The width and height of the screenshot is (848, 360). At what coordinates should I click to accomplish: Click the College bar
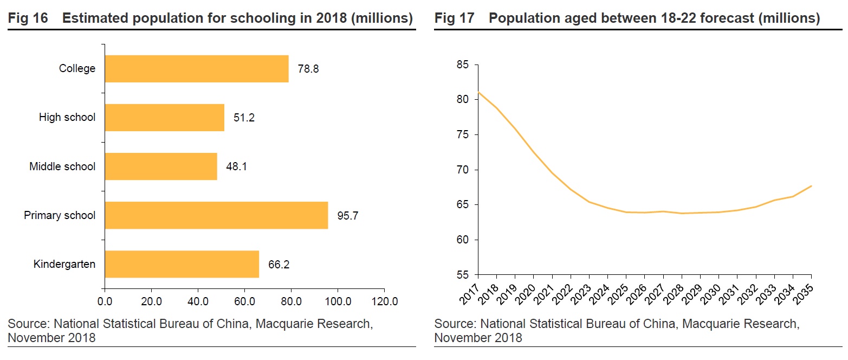pos(196,69)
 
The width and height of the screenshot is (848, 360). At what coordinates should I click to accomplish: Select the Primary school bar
pos(216,215)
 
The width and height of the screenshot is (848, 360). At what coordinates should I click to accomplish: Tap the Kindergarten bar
pos(182,264)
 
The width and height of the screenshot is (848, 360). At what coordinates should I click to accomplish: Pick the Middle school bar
pos(160,166)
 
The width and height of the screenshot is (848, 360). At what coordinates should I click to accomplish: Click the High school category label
pos(67,117)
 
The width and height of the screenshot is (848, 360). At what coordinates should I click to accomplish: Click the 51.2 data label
pos(244,118)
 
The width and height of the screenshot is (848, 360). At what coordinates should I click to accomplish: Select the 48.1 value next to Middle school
pos(237,166)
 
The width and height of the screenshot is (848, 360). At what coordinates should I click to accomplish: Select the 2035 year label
pos(804,292)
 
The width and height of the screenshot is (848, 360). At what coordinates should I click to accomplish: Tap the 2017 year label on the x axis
pos(470,292)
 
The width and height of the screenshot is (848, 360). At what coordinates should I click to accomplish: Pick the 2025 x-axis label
pos(619,292)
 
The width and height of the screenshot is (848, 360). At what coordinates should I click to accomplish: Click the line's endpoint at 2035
pos(811,186)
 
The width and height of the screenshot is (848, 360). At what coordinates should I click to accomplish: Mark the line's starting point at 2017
pos(478,92)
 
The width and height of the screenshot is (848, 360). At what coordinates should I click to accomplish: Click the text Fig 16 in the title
pos(28,18)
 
